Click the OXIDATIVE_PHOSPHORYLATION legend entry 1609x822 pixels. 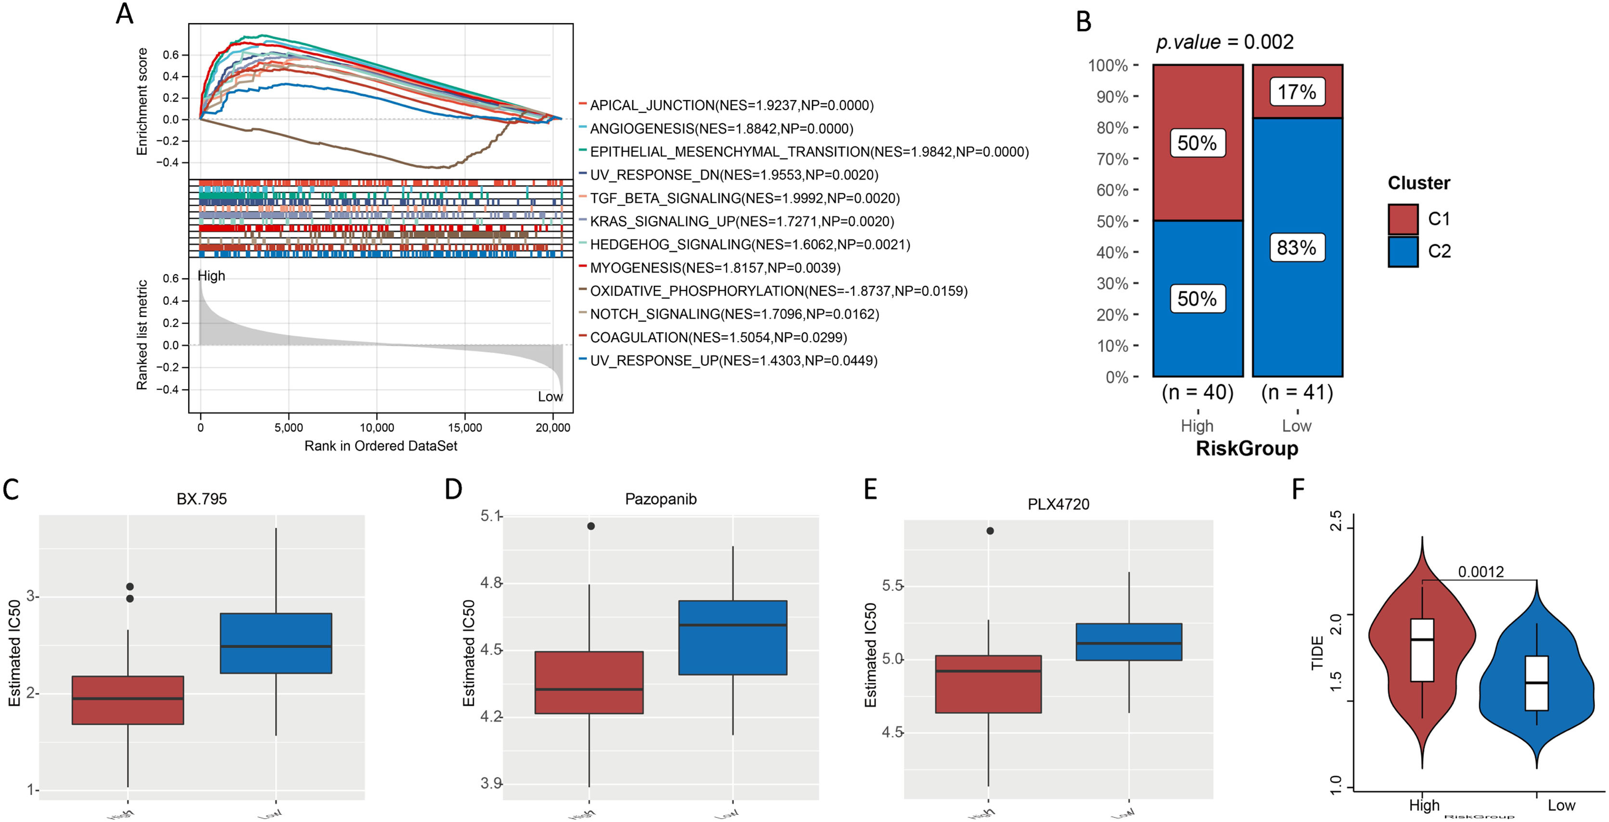[778, 291]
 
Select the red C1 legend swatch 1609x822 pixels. [1402, 219]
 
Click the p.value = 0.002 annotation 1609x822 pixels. [1224, 42]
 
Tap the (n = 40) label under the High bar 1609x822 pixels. [1197, 392]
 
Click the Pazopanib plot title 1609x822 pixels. [661, 499]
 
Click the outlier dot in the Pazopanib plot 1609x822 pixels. [591, 526]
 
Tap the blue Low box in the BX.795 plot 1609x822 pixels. [275, 643]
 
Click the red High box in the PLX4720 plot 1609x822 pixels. [988, 684]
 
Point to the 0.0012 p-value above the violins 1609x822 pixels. [1480, 572]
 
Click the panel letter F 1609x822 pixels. [1298, 489]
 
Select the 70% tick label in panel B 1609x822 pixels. [1112, 159]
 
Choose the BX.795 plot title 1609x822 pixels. [202, 499]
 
